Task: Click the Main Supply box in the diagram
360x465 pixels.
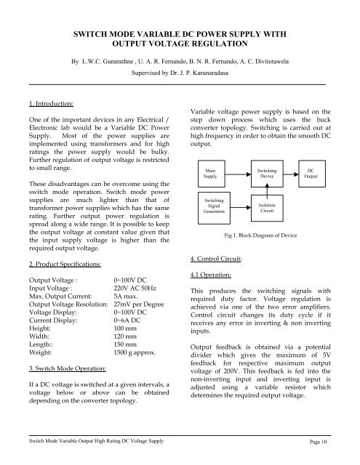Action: [210, 173]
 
